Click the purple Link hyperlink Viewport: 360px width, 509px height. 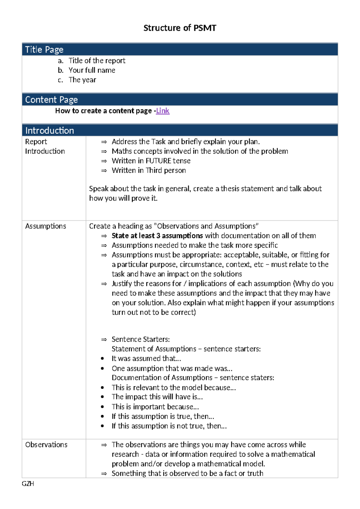pyautogui.click(x=163, y=111)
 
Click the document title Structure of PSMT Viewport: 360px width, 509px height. pyautogui.click(x=179, y=28)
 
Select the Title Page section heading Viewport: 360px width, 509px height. pyautogui.click(x=44, y=50)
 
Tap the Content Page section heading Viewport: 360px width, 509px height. pyautogui.click(x=51, y=100)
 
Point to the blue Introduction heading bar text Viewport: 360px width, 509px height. pyautogui.click(x=49, y=131)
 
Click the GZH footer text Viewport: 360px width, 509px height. pyautogui.click(x=28, y=484)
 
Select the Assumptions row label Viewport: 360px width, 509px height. pyautogui.click(x=46, y=226)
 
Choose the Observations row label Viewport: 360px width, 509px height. pyautogui.click(x=46, y=444)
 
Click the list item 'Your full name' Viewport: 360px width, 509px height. pyautogui.click(x=92, y=70)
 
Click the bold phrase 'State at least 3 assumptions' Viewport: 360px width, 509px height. pyautogui.click(x=157, y=236)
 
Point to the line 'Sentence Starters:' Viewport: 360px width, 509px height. pyautogui.click(x=141, y=339)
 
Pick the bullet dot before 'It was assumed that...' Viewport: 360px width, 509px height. pyautogui.click(x=103, y=358)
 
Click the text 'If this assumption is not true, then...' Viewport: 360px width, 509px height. pyautogui.click(x=169, y=426)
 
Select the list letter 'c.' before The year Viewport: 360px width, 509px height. pyautogui.click(x=61, y=80)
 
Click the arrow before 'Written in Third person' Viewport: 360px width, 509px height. pyautogui.click(x=104, y=170)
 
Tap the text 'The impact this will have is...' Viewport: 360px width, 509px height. pyautogui.click(x=157, y=397)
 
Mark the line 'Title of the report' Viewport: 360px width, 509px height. pyautogui.click(x=97, y=61)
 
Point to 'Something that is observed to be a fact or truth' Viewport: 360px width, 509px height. pyautogui.click(x=187, y=473)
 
